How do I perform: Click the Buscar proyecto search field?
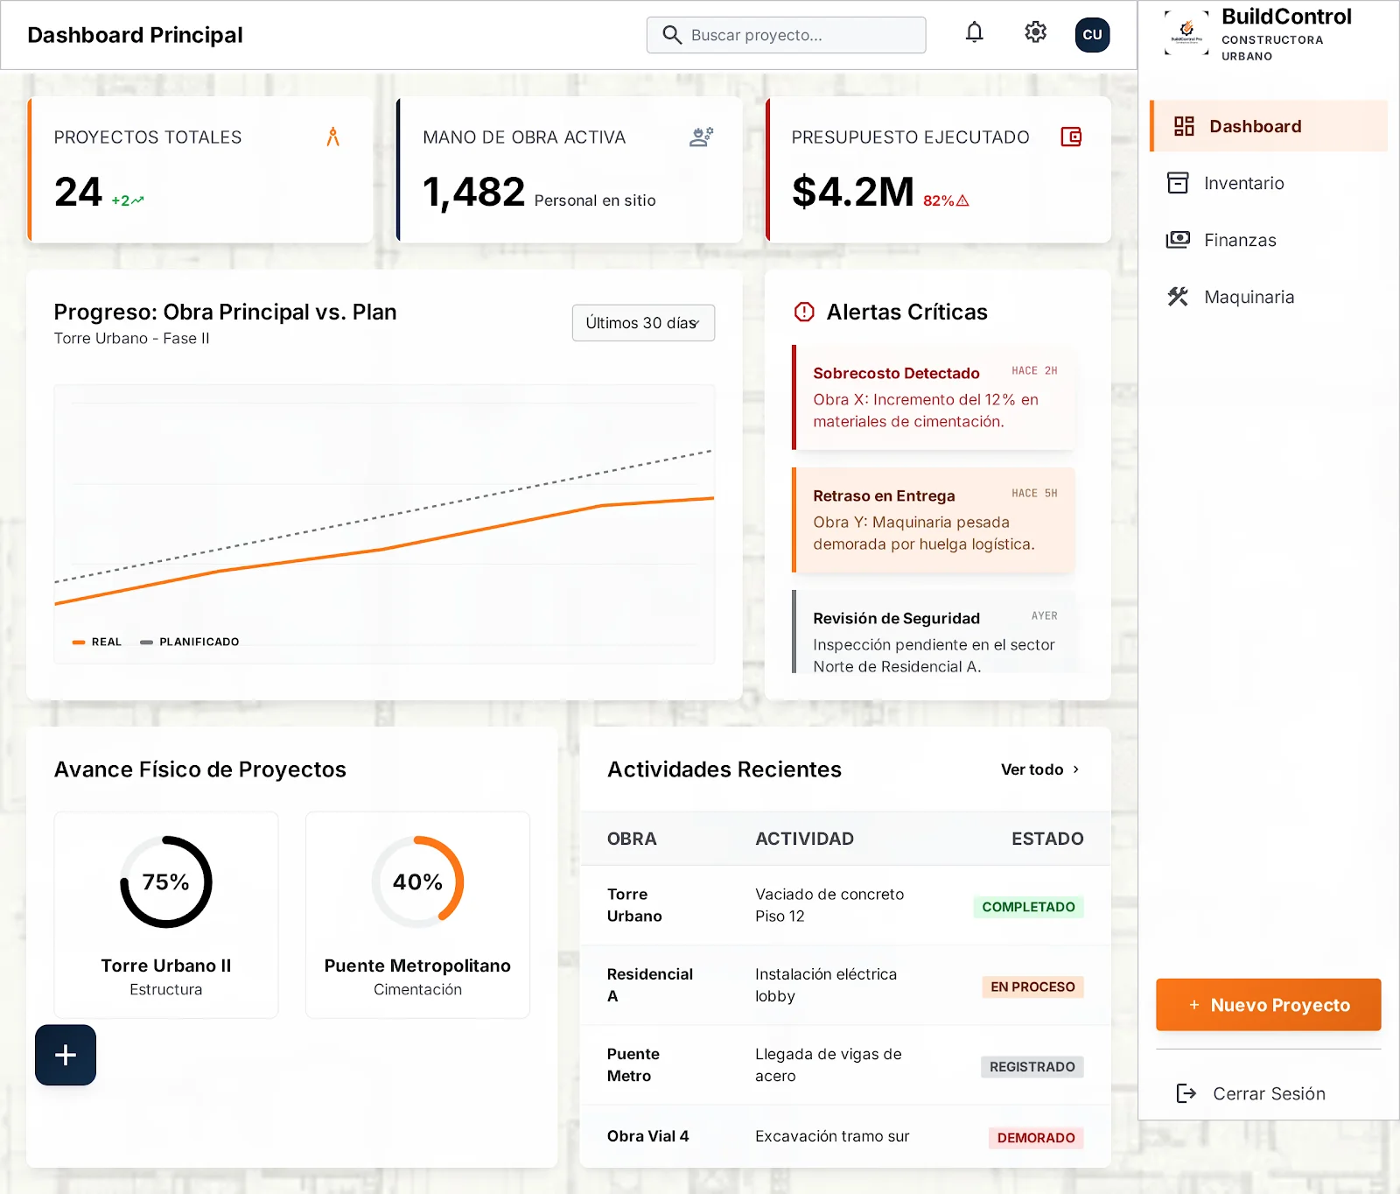point(786,35)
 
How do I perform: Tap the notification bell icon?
point(974,33)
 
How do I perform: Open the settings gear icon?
point(1035,33)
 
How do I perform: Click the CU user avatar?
point(1092,35)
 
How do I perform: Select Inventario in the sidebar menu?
point(1243,183)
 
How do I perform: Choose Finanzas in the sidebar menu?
point(1240,240)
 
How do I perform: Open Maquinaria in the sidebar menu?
point(1249,297)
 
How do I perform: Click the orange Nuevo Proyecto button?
point(1268,1005)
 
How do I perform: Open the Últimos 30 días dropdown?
point(643,323)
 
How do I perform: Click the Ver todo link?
point(1040,769)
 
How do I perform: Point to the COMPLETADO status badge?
point(1028,907)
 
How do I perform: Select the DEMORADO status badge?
point(1036,1138)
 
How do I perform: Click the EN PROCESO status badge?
point(1032,987)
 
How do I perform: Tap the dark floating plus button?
point(66,1055)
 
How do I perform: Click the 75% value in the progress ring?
point(165,881)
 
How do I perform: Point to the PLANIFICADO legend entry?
point(190,642)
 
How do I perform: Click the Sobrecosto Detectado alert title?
point(896,373)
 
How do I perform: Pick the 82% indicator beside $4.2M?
point(946,200)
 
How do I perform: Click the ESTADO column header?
point(1047,839)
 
